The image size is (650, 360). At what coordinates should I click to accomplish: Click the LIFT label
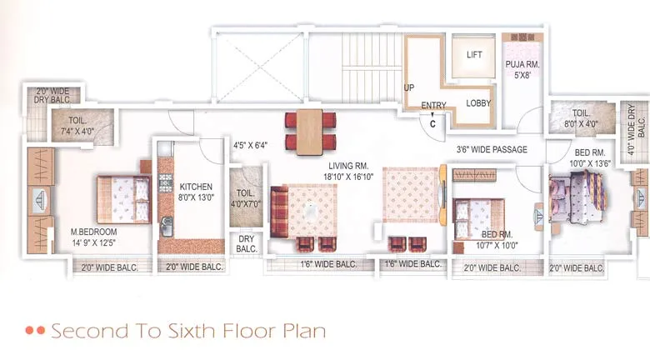pos(474,55)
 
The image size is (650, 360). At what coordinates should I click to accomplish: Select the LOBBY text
pos(477,103)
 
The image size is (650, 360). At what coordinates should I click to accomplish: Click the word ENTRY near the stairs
pos(433,105)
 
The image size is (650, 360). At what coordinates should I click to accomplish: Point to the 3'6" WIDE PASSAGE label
pos(492,150)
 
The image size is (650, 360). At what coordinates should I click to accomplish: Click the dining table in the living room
pos(310,130)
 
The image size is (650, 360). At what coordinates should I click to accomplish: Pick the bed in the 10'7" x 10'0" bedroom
pos(478,219)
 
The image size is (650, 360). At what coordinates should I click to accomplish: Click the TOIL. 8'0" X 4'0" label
pos(580,118)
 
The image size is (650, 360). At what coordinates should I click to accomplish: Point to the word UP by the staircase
pos(409,87)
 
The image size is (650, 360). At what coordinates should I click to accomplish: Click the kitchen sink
pos(167,225)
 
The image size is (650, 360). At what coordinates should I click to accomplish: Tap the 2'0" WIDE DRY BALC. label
pos(52,95)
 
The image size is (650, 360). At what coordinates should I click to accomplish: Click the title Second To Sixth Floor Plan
pos(187,331)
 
